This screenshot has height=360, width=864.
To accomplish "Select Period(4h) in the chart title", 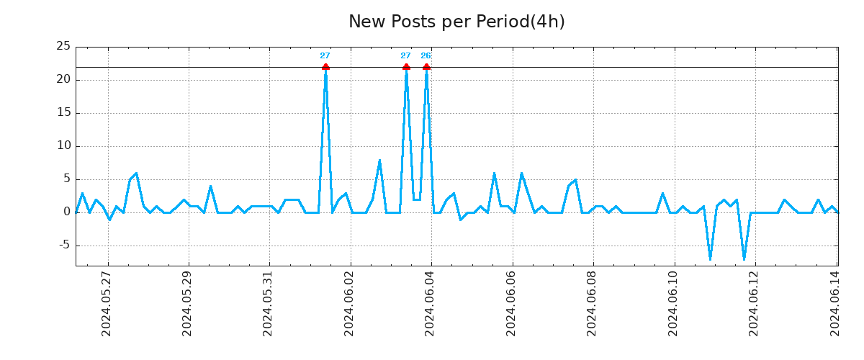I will (x=521, y=22).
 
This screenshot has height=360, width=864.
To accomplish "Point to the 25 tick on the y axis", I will (x=63, y=47).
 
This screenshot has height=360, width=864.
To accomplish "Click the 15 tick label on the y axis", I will (x=63, y=113).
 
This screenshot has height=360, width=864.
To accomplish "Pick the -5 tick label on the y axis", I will (x=63, y=245).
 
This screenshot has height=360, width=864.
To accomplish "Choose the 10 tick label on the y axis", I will (x=63, y=146).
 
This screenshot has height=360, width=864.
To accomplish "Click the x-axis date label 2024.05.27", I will (x=107, y=303).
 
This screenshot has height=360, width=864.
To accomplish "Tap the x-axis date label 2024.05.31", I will (x=268, y=303).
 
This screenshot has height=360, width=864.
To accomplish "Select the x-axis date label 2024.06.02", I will (x=349, y=303).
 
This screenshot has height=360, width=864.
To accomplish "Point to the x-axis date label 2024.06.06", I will (x=511, y=303).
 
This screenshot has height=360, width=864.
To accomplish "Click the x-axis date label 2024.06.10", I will (x=673, y=303).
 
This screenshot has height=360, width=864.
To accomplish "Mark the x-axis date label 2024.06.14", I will (x=835, y=303).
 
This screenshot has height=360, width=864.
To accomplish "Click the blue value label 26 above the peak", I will (x=426, y=56).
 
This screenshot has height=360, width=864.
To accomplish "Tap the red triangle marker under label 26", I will (x=426, y=67).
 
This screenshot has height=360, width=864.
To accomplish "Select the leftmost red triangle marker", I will (x=325, y=67).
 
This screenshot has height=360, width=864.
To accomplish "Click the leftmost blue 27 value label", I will (x=325, y=56).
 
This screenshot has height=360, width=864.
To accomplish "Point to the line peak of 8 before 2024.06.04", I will (x=379, y=160).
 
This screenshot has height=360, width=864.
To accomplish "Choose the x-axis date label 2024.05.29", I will (x=187, y=303).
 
